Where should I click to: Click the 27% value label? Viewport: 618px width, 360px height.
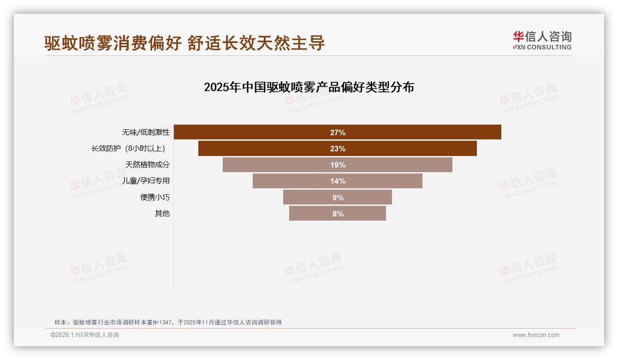coord(338,132)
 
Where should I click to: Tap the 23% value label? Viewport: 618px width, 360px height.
coord(338,149)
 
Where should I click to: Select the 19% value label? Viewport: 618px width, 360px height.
coord(338,165)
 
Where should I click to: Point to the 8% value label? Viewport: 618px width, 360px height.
coord(338,214)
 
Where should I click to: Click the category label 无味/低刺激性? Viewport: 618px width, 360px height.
coord(146,132)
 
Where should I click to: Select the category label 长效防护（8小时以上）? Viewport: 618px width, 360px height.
coord(129,149)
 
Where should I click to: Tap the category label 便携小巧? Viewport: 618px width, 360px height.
coord(155,197)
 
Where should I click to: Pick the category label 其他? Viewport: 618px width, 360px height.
coord(162,213)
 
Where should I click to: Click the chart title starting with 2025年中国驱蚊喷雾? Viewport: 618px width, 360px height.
coord(309,87)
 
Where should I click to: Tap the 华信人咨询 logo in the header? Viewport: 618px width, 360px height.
coord(542,40)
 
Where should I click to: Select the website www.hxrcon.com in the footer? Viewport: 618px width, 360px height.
coord(536,335)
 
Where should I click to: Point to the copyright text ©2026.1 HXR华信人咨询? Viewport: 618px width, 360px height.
coord(85,335)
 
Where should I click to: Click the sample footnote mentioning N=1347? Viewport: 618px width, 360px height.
coord(168,323)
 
